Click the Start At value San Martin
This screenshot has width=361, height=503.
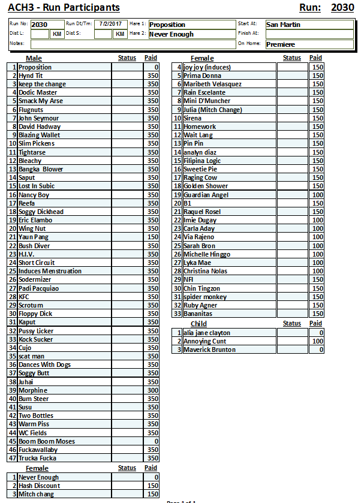click(283, 25)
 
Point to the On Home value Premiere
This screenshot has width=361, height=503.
click(281, 44)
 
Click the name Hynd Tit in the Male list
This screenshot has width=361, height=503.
click(31, 76)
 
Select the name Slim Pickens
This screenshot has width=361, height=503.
click(36, 143)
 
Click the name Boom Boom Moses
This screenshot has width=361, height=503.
click(47, 441)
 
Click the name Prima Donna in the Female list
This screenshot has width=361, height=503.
click(202, 76)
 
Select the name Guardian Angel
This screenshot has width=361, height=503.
click(206, 195)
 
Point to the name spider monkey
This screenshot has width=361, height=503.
click(205, 297)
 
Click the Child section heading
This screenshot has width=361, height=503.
click(198, 324)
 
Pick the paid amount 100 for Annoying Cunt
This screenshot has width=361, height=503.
click(317, 341)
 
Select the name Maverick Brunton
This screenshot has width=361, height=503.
click(209, 350)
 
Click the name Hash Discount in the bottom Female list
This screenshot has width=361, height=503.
click(39, 486)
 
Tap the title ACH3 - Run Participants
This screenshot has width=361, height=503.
click(64, 8)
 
